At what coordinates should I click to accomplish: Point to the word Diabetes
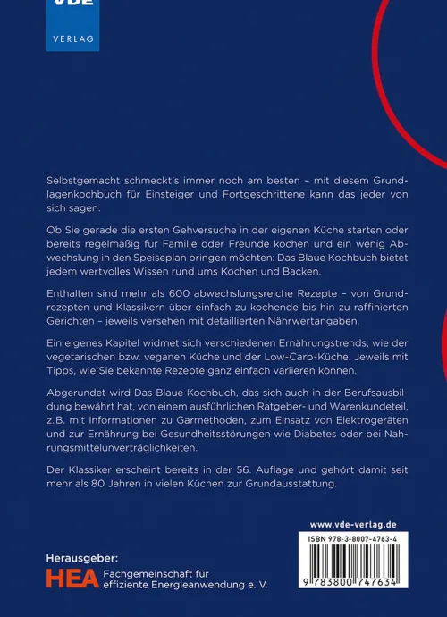pos(325,439)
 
